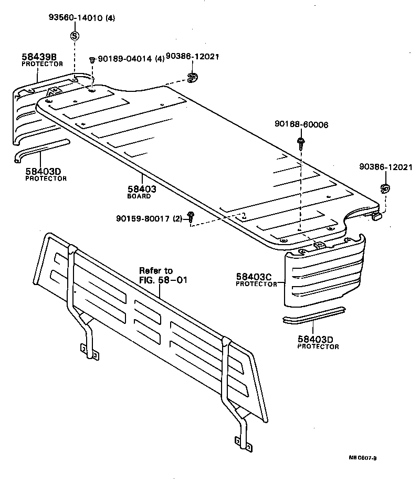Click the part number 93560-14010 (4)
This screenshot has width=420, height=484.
[81, 17]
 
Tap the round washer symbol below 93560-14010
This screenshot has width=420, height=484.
[74, 36]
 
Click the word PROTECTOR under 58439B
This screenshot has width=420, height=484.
[42, 64]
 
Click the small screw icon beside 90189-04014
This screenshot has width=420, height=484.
[92, 60]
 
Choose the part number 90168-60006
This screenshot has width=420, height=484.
[301, 124]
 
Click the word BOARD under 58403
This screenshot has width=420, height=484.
[139, 196]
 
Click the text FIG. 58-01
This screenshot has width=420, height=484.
[163, 280]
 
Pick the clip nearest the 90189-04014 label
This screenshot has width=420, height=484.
[191, 78]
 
